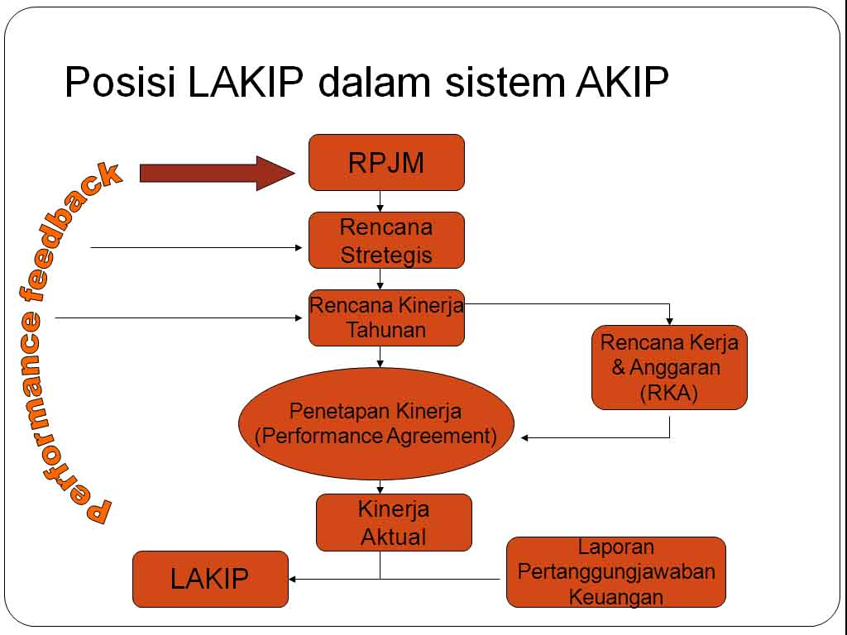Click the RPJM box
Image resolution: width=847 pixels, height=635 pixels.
click(x=386, y=163)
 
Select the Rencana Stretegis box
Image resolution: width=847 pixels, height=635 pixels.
click(x=386, y=241)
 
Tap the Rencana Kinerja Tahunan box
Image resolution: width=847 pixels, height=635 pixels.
click(x=386, y=317)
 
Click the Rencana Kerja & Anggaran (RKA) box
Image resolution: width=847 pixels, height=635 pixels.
click(x=669, y=367)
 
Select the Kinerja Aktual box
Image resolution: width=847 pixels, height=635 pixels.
click(x=394, y=523)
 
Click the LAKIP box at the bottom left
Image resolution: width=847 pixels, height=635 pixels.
click(x=210, y=579)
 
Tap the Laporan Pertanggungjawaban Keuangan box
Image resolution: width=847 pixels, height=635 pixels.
click(x=615, y=572)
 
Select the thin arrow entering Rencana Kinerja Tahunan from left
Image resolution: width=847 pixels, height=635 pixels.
click(x=178, y=317)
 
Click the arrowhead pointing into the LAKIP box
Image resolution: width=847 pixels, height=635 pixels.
click(x=293, y=579)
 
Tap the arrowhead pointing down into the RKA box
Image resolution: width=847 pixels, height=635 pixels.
click(x=669, y=321)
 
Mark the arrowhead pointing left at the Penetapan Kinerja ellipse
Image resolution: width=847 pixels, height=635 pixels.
click(x=525, y=437)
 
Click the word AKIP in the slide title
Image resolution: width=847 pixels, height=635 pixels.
click(x=620, y=83)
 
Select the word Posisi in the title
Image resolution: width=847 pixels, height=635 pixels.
click(x=120, y=83)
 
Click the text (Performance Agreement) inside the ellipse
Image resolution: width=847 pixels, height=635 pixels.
click(x=376, y=436)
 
